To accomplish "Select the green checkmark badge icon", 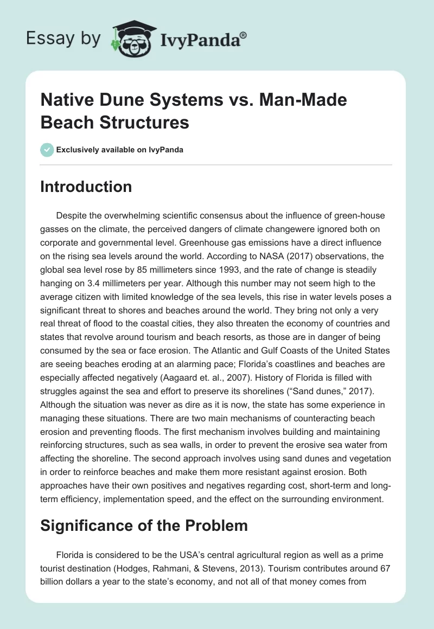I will point(47,150).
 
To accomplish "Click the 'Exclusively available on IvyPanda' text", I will point(120,150).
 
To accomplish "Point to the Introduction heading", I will point(86,187).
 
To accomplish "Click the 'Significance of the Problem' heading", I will point(144,525).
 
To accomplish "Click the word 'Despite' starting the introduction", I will point(71,216).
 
